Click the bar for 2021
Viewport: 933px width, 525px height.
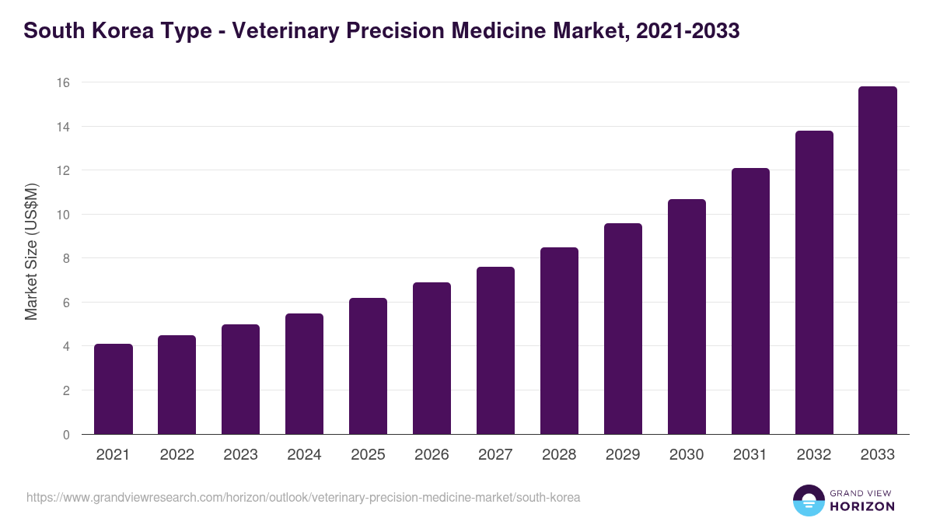point(114,389)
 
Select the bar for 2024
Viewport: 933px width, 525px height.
point(304,374)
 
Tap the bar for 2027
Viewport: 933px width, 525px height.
point(495,351)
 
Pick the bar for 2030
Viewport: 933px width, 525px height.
point(687,317)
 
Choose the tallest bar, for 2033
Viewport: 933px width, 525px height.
point(878,261)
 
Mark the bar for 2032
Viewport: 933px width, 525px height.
point(814,282)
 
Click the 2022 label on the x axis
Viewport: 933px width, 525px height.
point(176,455)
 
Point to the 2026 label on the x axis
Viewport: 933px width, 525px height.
point(432,455)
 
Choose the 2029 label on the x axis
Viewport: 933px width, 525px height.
point(623,455)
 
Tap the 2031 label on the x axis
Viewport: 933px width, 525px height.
point(750,455)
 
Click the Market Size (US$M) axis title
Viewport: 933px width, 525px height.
point(31,251)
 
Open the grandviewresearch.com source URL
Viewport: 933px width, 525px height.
point(303,497)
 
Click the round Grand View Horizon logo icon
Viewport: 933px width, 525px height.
point(809,501)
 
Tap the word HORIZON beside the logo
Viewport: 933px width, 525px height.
point(863,506)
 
